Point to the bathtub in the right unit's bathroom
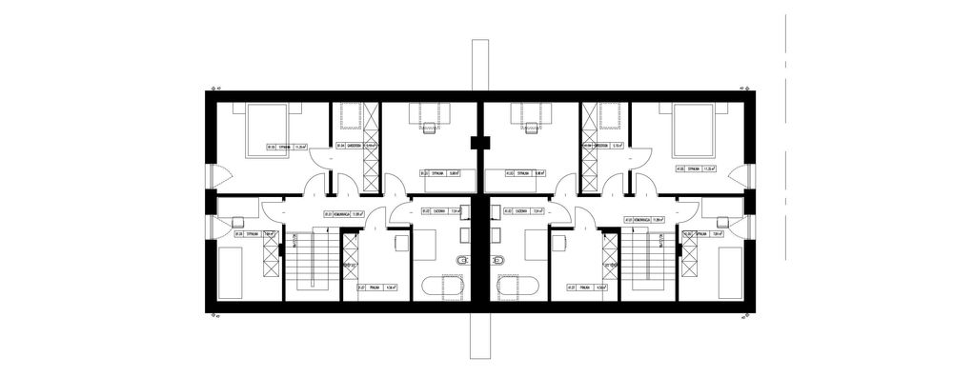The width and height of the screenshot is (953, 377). [518, 285]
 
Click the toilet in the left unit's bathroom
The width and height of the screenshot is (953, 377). [464, 260]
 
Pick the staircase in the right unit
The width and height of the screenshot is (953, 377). [653, 261]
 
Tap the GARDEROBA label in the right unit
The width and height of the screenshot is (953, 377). [606, 146]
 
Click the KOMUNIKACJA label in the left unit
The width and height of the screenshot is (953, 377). [340, 213]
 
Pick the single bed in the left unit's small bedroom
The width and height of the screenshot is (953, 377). [232, 270]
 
